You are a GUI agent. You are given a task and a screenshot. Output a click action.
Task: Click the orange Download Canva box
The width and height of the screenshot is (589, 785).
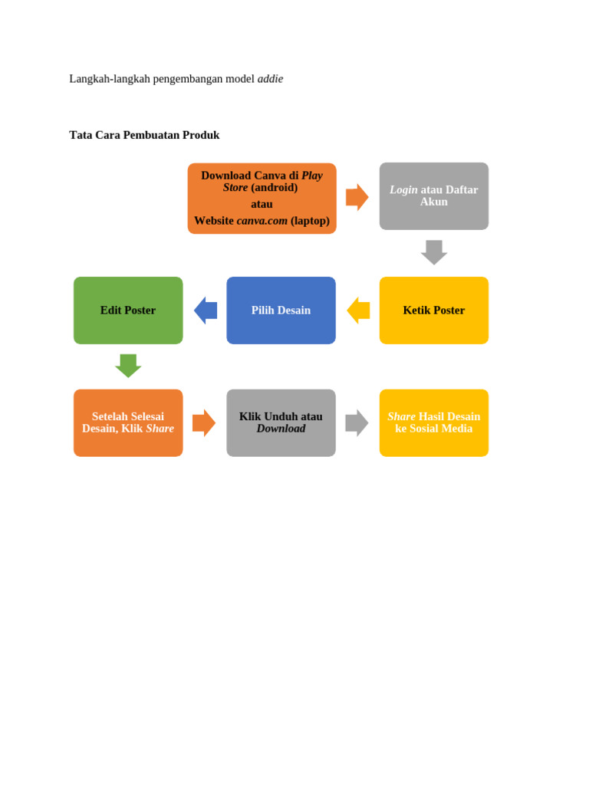click(262, 198)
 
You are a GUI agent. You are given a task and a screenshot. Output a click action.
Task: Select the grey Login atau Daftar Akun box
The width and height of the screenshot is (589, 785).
click(433, 195)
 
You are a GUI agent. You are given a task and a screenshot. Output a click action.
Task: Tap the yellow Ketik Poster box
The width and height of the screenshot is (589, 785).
click(433, 310)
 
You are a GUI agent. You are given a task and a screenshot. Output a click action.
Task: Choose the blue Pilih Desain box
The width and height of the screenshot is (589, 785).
click(281, 310)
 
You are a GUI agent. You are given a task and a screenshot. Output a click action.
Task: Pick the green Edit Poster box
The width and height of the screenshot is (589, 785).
click(128, 310)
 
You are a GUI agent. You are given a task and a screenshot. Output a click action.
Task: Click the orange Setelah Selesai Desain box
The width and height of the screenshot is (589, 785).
click(128, 422)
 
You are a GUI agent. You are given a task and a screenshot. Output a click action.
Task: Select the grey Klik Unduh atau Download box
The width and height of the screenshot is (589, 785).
click(281, 422)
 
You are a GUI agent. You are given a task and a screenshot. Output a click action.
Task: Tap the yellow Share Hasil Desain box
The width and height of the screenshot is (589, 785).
click(433, 422)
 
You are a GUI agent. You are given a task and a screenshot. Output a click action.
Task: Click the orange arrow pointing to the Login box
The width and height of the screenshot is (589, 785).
click(357, 197)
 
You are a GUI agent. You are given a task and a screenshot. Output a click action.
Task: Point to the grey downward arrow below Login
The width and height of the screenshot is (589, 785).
click(434, 252)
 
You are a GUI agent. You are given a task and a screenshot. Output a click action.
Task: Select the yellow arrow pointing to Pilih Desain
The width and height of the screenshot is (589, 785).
click(358, 310)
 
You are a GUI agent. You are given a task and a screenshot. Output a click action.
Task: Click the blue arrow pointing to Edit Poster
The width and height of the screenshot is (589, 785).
click(206, 310)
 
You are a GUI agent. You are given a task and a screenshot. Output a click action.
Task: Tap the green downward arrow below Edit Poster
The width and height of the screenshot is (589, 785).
click(128, 365)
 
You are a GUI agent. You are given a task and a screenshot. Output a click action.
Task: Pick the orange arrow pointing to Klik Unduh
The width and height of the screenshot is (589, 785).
click(203, 422)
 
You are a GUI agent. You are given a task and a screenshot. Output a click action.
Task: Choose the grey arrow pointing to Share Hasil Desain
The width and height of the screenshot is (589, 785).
click(357, 422)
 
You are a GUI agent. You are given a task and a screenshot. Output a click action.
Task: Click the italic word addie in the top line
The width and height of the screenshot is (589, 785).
click(270, 79)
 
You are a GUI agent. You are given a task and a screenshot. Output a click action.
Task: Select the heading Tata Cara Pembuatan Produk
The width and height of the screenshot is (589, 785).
click(144, 135)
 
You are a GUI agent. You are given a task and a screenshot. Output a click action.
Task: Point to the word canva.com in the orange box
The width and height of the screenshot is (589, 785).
click(262, 221)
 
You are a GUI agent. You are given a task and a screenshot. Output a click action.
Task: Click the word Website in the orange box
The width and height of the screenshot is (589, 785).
click(214, 221)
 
